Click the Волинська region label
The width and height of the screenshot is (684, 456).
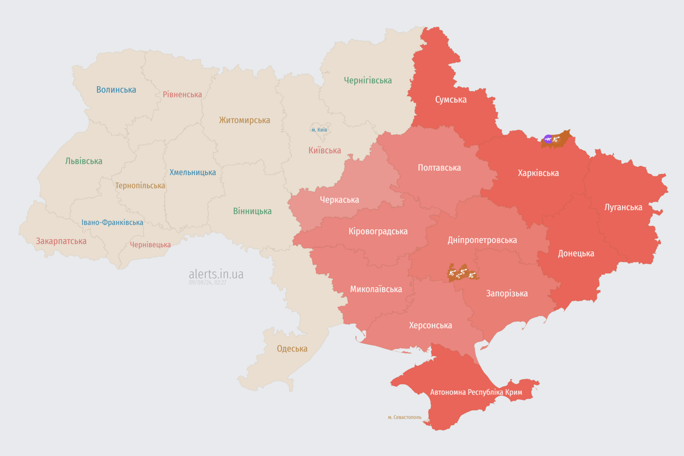[x=116, y=90]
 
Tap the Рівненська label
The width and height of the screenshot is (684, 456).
[x=182, y=94]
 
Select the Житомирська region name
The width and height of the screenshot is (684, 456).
[x=245, y=120]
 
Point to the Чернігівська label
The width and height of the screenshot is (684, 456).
[x=368, y=80]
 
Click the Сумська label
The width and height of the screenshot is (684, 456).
[x=451, y=99]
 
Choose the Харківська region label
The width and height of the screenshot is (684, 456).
[x=538, y=173]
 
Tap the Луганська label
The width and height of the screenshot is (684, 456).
[x=623, y=207]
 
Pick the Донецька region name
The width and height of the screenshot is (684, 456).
[x=576, y=253]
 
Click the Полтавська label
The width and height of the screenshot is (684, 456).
[x=439, y=167]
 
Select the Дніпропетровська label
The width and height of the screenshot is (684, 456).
[x=482, y=240]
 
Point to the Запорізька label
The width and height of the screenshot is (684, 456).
[x=506, y=293]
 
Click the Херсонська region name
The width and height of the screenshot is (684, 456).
[x=430, y=325]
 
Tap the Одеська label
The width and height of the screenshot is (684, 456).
[x=292, y=349]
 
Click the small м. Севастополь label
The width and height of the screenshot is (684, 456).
[x=404, y=417]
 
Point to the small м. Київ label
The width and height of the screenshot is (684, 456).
[x=319, y=129]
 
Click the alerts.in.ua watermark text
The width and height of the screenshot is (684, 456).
[x=216, y=274]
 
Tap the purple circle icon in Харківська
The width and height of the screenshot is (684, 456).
[x=548, y=139]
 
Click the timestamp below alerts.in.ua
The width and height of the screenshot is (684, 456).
[x=208, y=283]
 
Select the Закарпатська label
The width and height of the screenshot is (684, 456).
[x=61, y=241]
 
